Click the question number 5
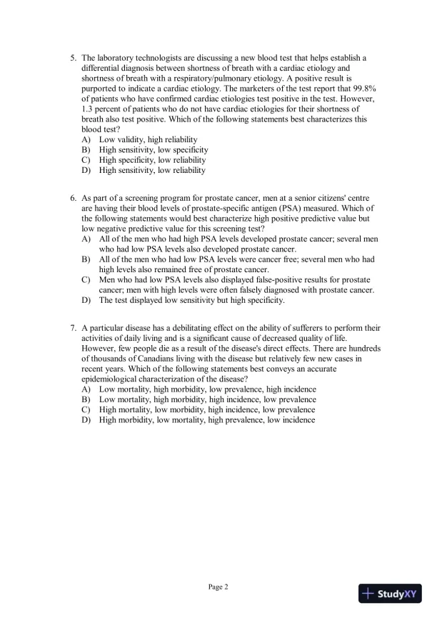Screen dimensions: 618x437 [73, 57]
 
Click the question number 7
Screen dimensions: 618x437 [73, 328]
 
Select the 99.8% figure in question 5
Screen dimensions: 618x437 [365, 88]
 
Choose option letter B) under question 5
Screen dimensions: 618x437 [86, 150]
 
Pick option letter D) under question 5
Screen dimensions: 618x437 [86, 171]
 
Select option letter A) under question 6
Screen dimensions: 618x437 [86, 238]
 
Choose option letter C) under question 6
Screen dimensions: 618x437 [86, 279]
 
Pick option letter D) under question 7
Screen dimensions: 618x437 [86, 420]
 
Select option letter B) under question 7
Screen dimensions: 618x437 [86, 399]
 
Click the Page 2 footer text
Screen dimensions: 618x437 [218, 587]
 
